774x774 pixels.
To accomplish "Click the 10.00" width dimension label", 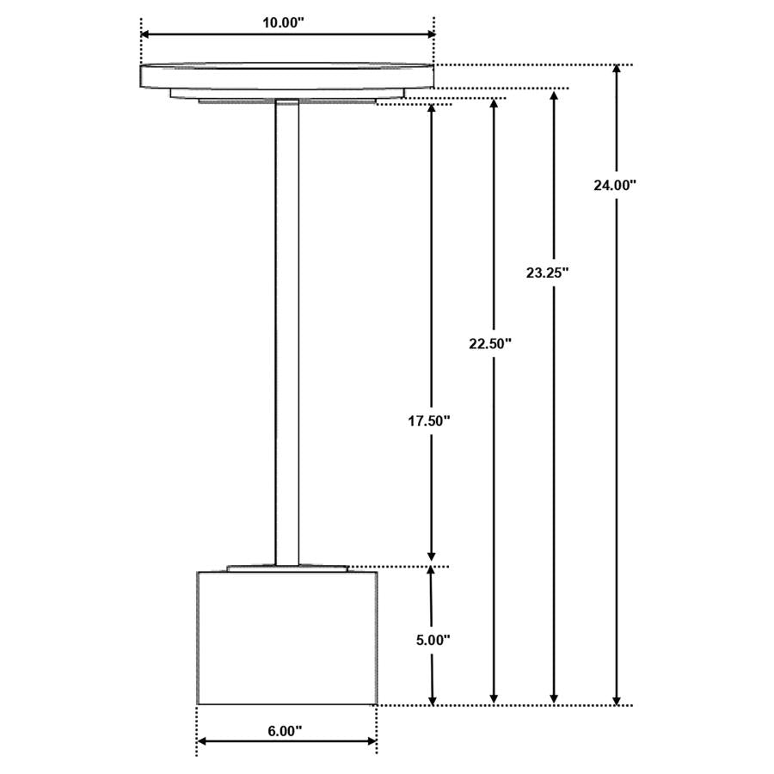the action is [x=283, y=22].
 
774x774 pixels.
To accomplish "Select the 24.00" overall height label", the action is [x=615, y=186].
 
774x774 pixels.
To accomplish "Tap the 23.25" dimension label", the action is [x=548, y=273].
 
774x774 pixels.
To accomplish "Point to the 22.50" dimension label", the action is [x=490, y=343].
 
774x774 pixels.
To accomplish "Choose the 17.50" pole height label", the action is [x=429, y=421].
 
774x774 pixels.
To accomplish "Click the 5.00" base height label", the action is [x=433, y=640].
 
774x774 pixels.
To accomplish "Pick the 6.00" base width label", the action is [x=285, y=731].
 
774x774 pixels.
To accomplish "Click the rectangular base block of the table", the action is [x=287, y=638].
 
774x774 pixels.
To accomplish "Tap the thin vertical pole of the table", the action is [x=286, y=333].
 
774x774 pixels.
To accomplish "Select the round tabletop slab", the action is [x=286, y=77].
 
